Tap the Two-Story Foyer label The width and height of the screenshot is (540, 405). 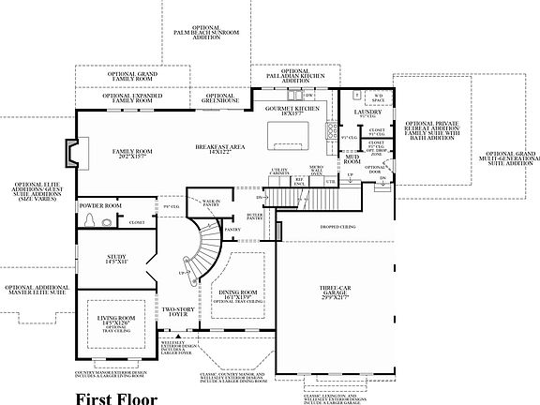(176, 312)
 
